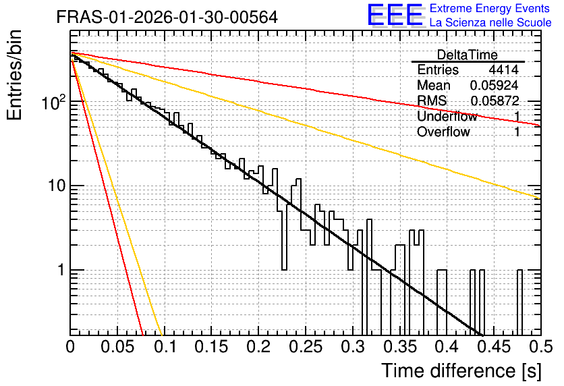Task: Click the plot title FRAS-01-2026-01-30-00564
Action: [167, 17]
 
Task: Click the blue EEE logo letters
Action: [395, 15]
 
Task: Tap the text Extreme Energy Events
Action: [490, 8]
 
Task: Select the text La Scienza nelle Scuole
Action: [490, 23]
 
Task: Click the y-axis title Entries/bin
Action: [14, 75]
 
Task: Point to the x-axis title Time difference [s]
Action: [461, 370]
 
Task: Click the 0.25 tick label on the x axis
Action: [306, 347]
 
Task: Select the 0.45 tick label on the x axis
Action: [494, 347]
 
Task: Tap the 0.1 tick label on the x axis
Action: [165, 347]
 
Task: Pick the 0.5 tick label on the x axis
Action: [540, 347]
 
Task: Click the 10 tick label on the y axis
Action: [56, 186]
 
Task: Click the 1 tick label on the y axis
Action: [61, 270]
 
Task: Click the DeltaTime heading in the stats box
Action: [468, 55]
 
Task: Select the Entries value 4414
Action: [503, 70]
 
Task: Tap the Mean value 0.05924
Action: [495, 85]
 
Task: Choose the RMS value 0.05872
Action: [495, 101]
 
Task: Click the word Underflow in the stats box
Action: [447, 116]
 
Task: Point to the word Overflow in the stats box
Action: [443, 132]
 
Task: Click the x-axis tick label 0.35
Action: [399, 347]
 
